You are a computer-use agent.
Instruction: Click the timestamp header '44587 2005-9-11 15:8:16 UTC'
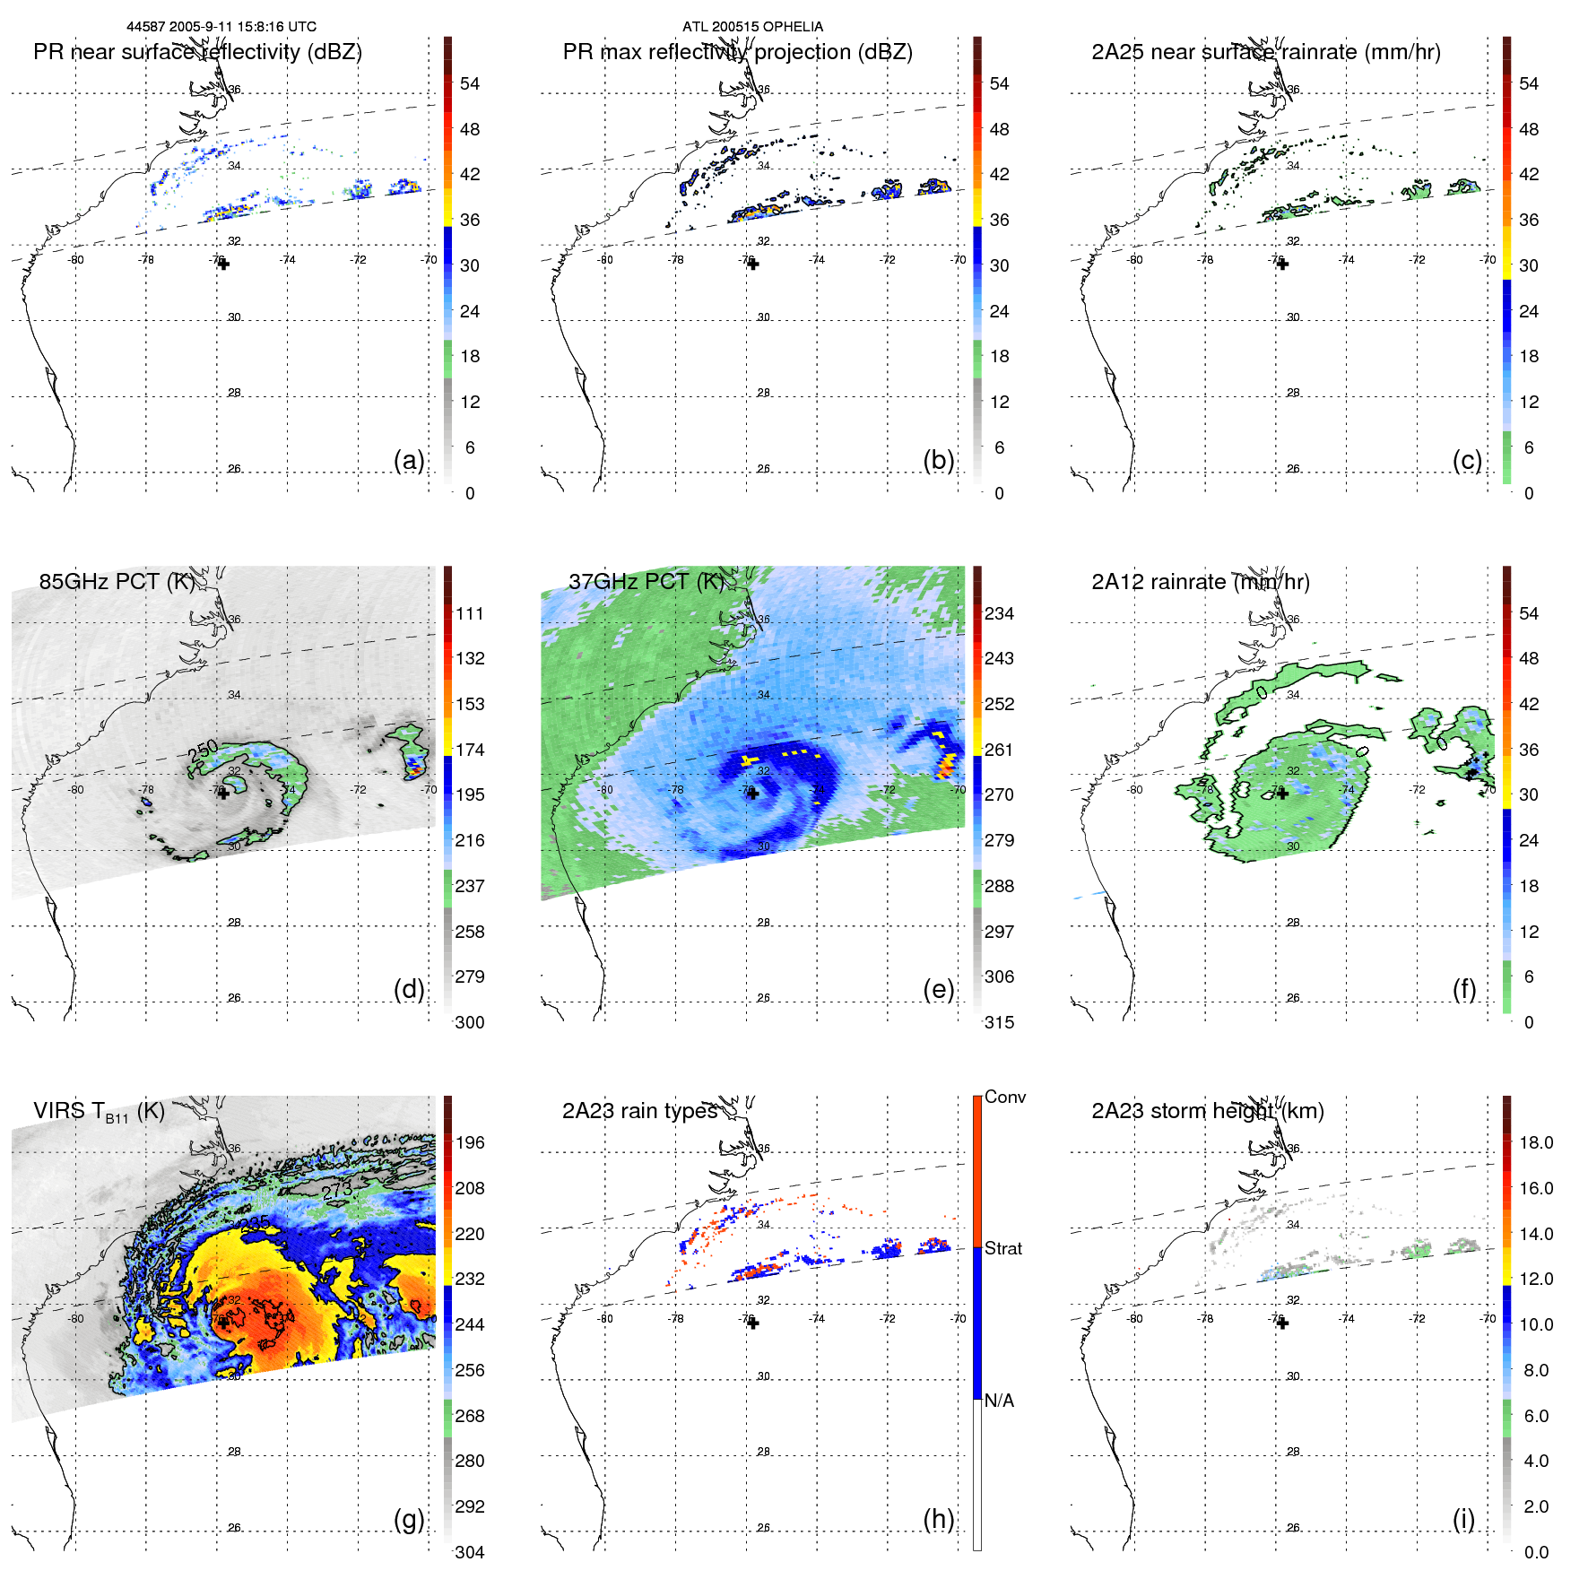click(x=221, y=27)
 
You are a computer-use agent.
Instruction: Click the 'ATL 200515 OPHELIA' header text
click(x=752, y=27)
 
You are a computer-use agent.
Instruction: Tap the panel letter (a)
click(x=409, y=460)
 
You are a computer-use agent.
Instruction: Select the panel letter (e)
click(x=938, y=989)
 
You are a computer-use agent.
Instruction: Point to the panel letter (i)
click(x=1463, y=1519)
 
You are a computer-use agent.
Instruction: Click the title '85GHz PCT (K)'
click(x=117, y=582)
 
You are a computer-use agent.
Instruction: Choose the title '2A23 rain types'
click(x=639, y=1111)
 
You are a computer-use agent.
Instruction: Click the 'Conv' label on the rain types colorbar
click(x=1005, y=1098)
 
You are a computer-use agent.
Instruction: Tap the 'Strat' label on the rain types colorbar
click(x=1003, y=1249)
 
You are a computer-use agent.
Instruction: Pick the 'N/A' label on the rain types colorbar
click(x=999, y=1401)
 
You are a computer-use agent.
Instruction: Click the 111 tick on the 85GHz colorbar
click(x=470, y=614)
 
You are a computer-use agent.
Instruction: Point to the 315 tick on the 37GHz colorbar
click(x=999, y=1023)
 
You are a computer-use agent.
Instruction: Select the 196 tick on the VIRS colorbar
click(x=470, y=1143)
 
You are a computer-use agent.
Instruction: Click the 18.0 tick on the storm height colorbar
click(x=1536, y=1143)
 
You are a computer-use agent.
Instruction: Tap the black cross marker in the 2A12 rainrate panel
click(x=1282, y=794)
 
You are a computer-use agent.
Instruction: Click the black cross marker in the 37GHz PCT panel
click(x=753, y=794)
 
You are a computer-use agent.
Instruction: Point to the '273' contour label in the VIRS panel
click(x=337, y=1191)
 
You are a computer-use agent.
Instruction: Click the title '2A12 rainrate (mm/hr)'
click(x=1200, y=582)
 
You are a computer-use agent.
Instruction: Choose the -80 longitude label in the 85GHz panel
click(x=76, y=790)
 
